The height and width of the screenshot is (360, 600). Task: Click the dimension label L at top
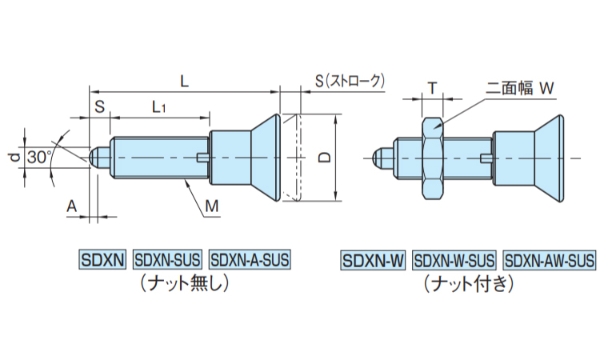[184, 80]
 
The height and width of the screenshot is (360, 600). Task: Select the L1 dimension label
[158, 106]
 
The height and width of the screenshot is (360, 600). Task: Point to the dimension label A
[71, 206]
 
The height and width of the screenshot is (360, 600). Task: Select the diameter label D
[323, 158]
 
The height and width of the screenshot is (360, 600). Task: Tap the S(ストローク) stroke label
[350, 81]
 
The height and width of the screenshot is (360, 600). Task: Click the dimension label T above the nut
[432, 89]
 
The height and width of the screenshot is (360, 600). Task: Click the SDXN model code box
[102, 260]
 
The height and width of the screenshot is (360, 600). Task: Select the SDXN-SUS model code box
[167, 260]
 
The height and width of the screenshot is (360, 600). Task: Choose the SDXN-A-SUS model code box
[249, 260]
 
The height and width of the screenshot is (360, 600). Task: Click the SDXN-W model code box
[374, 260]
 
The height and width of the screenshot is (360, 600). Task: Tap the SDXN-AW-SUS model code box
[550, 260]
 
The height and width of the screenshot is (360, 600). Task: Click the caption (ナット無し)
[183, 282]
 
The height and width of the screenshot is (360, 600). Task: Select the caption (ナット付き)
[468, 282]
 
